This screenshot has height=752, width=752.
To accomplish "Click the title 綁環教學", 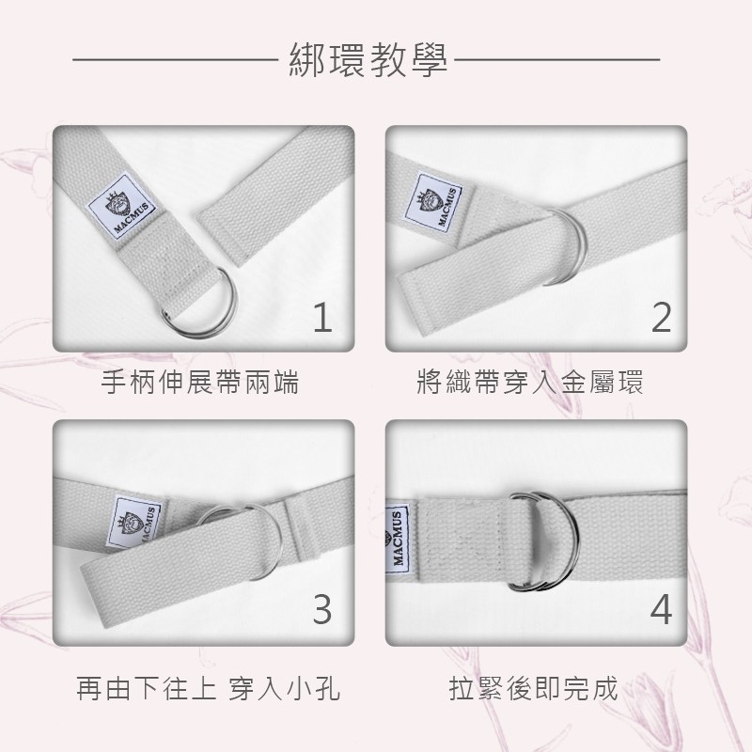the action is (368, 60).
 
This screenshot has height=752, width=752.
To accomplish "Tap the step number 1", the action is (322, 317).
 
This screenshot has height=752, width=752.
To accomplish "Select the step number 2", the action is (662, 317).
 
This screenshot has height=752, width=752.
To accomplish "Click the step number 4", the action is (662, 609).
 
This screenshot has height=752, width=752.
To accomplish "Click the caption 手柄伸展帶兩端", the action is (200, 382).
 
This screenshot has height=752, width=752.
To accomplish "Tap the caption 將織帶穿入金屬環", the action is (530, 382).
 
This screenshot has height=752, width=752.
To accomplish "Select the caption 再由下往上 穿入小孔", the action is (208, 688).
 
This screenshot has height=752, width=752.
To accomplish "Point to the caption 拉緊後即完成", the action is (533, 688).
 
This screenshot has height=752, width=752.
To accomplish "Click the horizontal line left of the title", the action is (175, 60).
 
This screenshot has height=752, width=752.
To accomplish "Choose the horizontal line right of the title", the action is (556, 60).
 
